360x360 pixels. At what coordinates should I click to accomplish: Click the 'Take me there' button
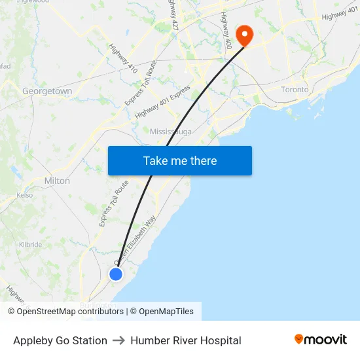[179, 161]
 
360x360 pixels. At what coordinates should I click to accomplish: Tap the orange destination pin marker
[245, 35]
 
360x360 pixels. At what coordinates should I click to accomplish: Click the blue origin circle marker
[116, 274]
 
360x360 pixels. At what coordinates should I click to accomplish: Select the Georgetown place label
[47, 92]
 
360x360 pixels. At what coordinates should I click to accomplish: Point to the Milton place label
[57, 181]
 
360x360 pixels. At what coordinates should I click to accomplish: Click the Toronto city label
[294, 90]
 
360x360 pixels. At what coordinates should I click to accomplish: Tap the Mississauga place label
[171, 132]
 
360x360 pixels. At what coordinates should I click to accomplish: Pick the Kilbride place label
[30, 245]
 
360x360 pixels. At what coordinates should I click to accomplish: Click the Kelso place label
[25, 195]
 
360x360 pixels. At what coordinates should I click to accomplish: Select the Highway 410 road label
[123, 58]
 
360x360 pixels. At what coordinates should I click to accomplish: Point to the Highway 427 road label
[173, 14]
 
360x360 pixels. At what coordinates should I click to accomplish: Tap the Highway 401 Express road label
[163, 101]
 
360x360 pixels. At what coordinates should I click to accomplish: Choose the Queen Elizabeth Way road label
[136, 242]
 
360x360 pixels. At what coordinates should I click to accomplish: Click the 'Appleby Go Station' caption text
[60, 340]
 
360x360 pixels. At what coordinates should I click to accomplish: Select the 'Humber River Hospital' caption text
[186, 340]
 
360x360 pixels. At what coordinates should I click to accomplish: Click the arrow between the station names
[119, 340]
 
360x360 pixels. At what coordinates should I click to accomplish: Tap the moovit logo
[321, 340]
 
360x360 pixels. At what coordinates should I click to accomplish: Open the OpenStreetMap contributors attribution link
[69, 312]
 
